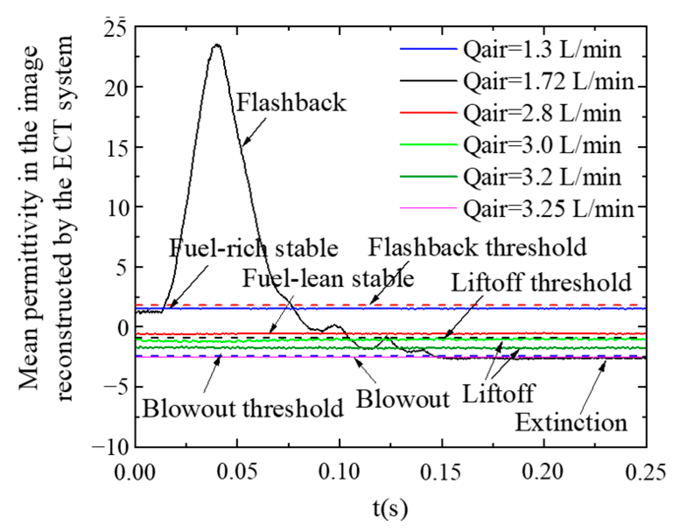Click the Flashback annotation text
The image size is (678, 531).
click(291, 103)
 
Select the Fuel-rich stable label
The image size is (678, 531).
click(253, 248)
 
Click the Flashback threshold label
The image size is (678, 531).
click(477, 247)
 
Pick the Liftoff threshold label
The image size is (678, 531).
click(541, 283)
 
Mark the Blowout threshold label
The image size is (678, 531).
click(243, 409)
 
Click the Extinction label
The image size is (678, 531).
click(571, 423)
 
